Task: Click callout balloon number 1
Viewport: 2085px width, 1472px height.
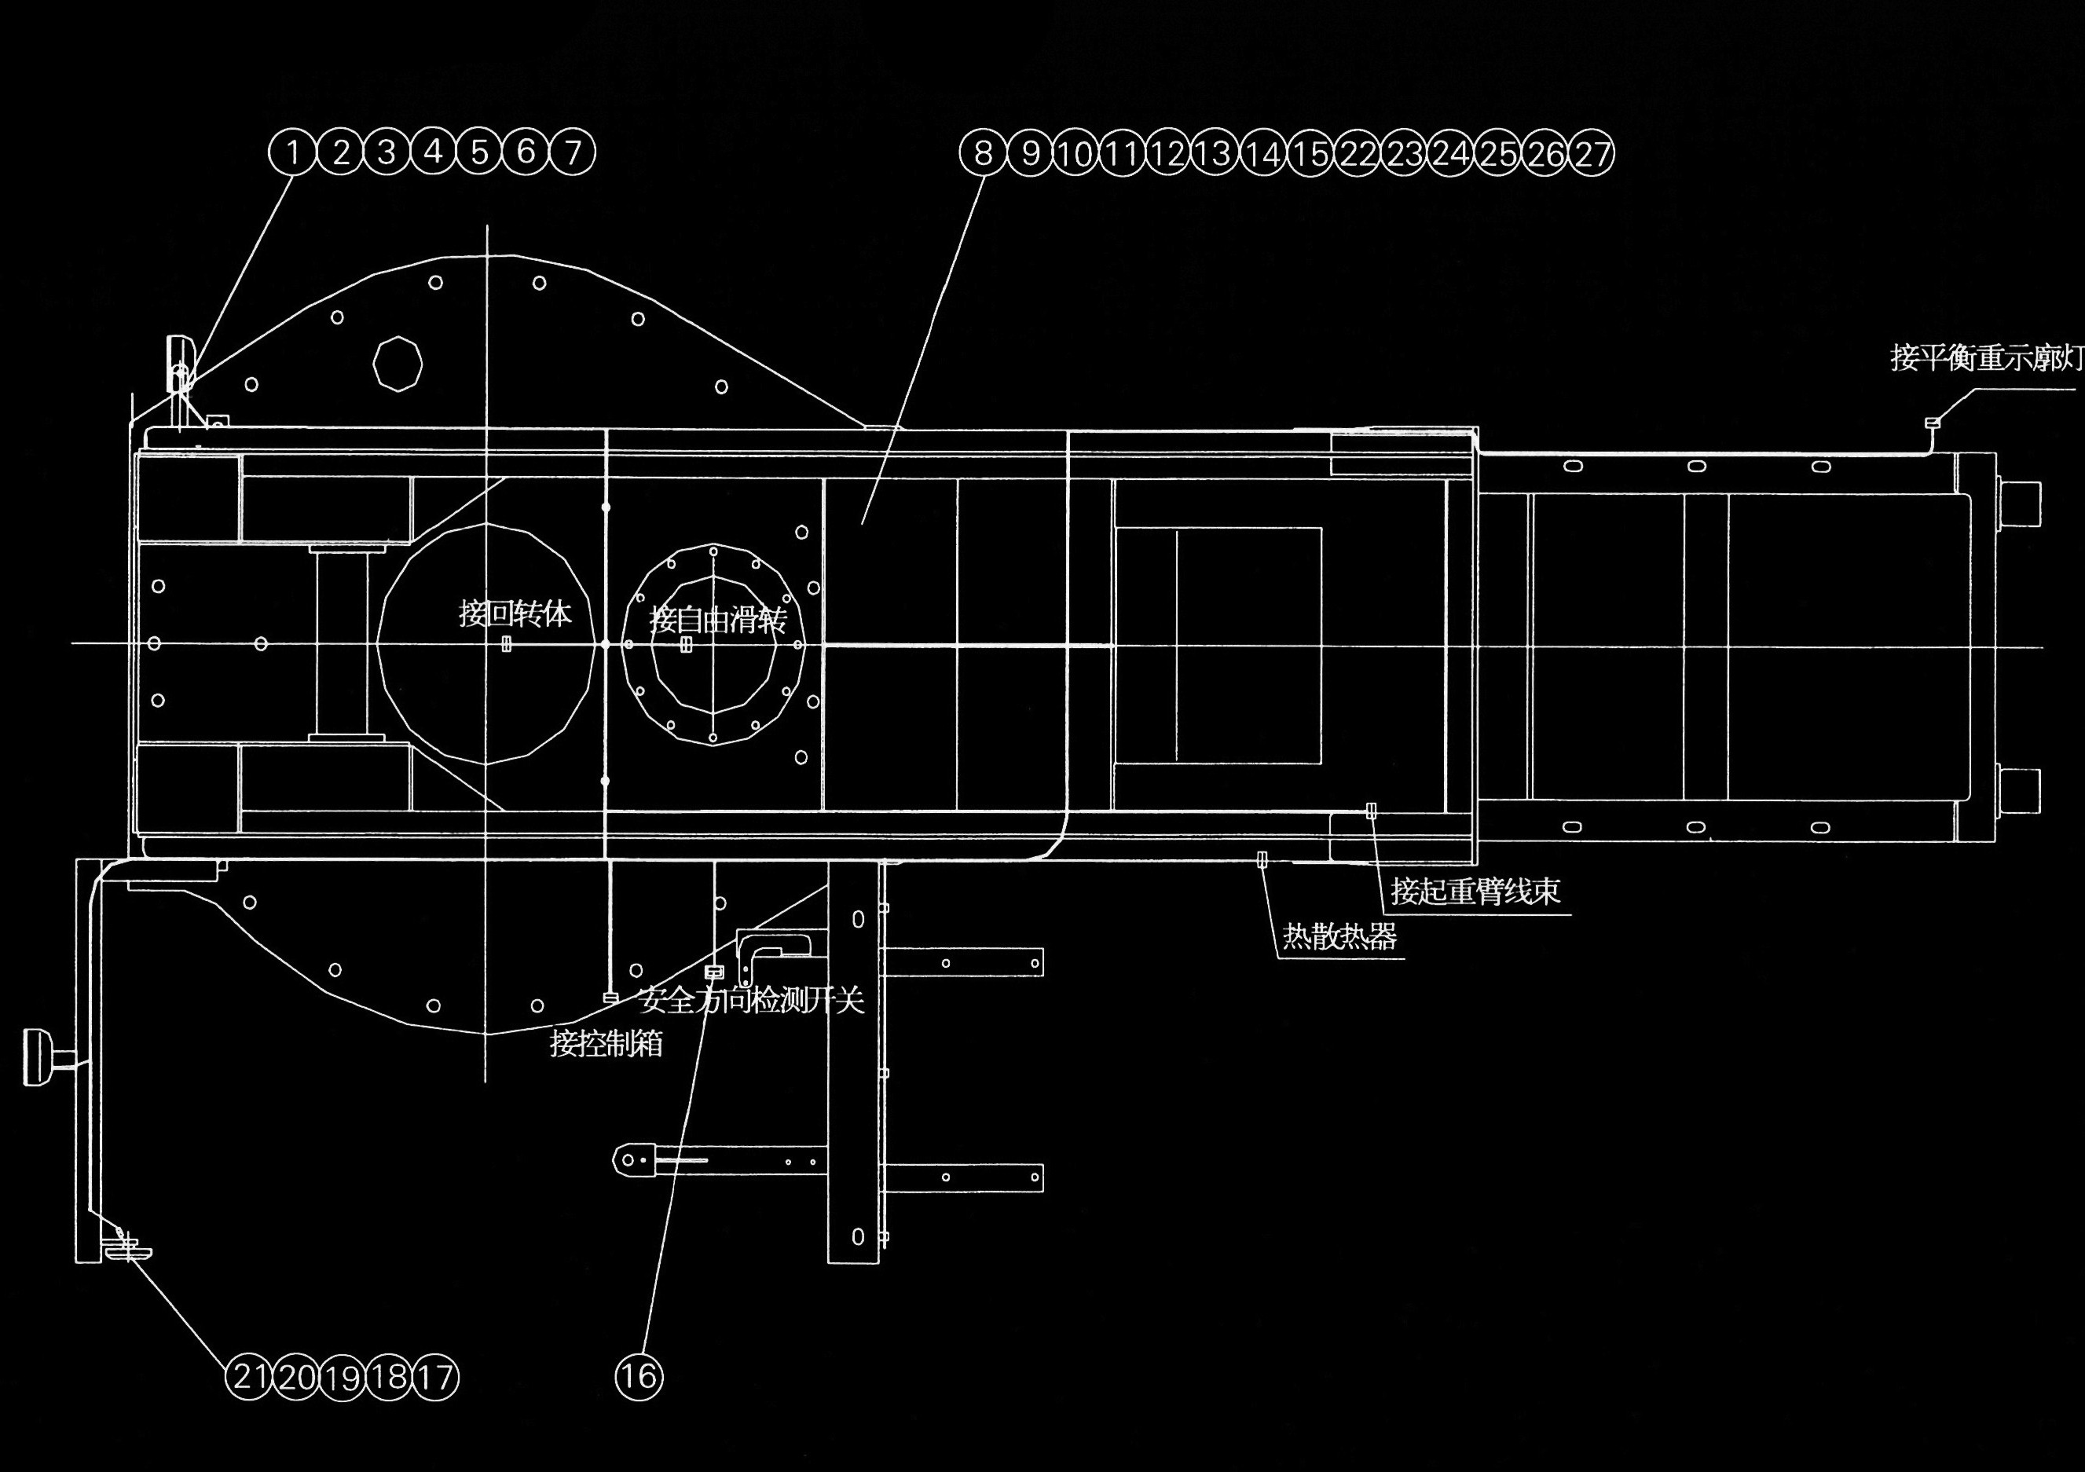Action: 292,152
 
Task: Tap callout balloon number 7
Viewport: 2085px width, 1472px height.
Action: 572,152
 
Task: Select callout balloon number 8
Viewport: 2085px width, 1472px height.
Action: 983,152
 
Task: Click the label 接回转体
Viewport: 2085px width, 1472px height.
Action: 515,614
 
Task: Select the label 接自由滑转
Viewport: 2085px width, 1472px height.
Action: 717,621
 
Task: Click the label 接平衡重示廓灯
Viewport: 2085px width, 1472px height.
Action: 1986,357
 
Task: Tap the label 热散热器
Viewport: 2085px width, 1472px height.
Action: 1339,936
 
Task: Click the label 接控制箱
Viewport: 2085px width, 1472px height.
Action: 606,1043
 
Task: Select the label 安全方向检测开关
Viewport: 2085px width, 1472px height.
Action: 751,1001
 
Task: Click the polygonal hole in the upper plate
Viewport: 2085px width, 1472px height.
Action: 398,363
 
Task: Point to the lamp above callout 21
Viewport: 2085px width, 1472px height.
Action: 128,1252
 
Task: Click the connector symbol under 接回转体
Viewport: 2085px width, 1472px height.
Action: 507,644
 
